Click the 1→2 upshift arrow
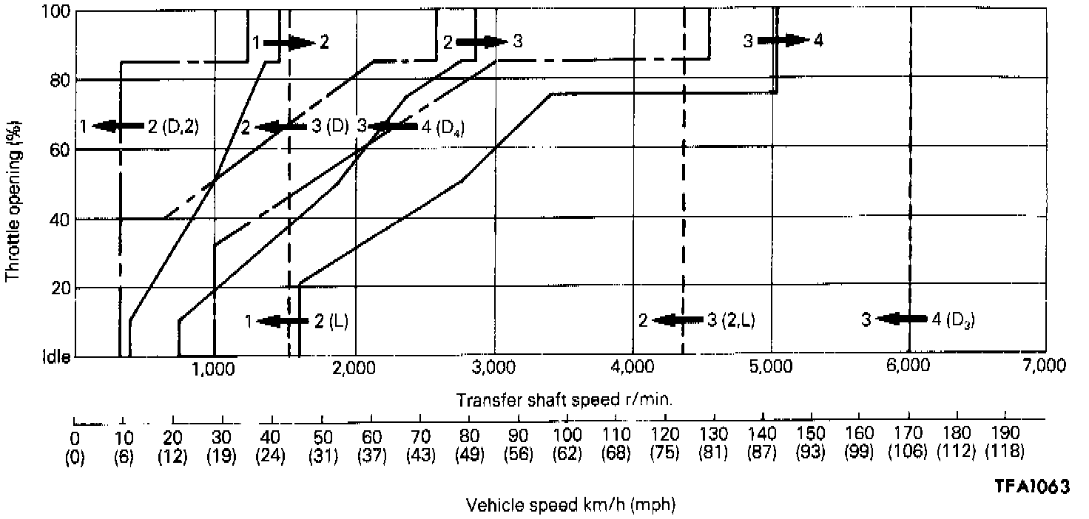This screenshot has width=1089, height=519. coord(289,42)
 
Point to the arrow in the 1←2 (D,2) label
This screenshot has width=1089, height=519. coord(118,126)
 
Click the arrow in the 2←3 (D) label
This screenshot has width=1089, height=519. coord(281,127)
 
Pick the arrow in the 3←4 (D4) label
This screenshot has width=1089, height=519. coord(394,126)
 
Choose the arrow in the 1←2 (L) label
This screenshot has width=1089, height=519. coord(284,321)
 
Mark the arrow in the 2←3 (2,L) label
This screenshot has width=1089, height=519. coord(678,320)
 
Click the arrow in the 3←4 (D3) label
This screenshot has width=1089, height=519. coord(900,319)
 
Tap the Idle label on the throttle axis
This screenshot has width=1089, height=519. coord(58,356)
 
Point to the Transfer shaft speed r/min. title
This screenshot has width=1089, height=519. coord(564,400)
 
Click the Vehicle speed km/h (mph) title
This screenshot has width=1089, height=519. coord(570,506)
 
